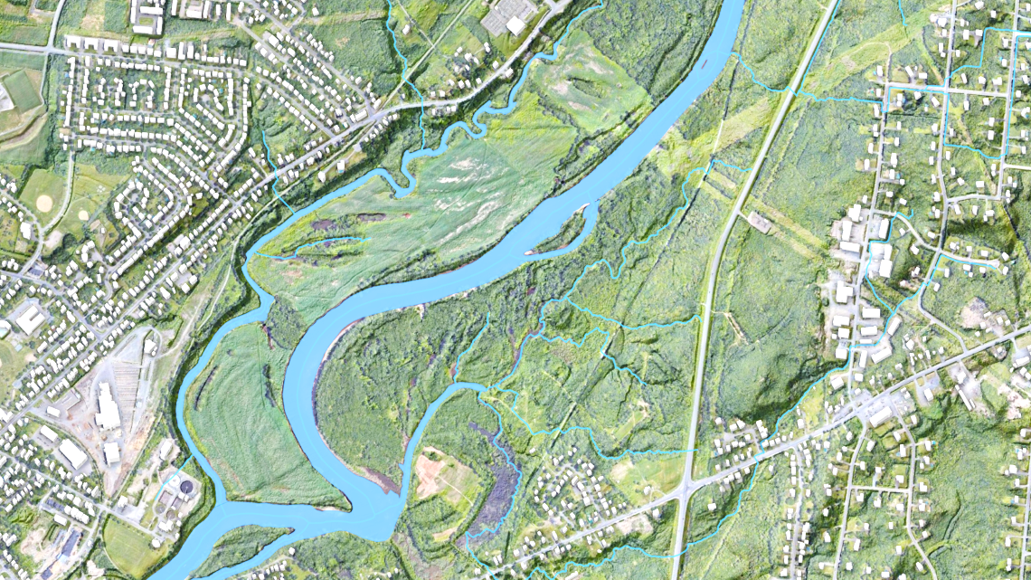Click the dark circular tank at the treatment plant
coord(186,487)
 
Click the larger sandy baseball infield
coord(44,203)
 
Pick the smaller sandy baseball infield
coord(83,215)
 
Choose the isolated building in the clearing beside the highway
coord(759,223)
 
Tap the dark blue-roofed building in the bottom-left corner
coord(69,542)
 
